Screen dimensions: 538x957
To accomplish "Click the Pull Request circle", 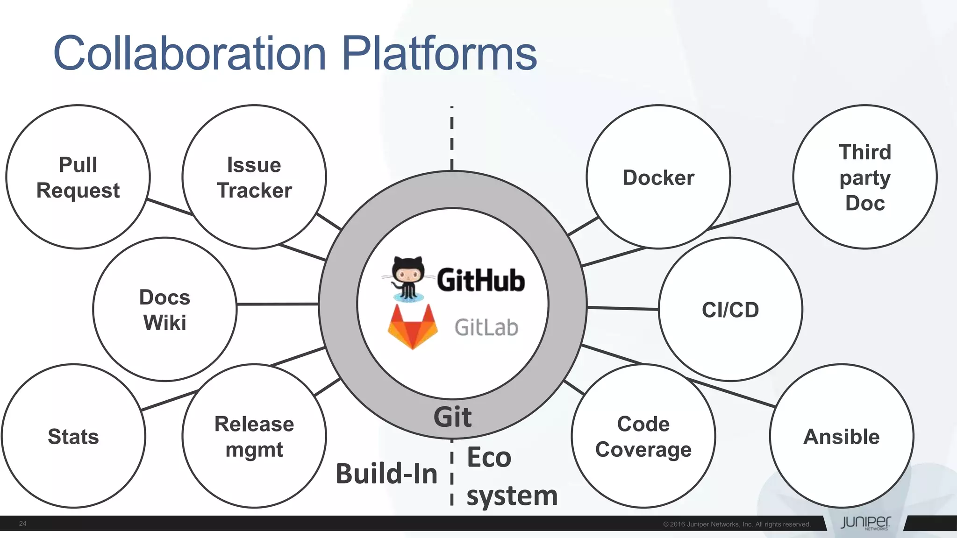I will point(78,177).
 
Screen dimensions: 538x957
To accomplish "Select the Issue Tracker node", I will point(254,177).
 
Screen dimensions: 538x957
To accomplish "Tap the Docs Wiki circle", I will point(164,310).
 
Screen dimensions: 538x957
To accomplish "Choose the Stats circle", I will point(73,436).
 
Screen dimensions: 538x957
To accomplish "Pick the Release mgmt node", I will point(254,436).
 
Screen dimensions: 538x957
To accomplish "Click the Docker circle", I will point(658,177).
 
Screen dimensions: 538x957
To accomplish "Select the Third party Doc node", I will point(864,177).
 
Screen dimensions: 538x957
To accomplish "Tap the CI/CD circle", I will point(730,310).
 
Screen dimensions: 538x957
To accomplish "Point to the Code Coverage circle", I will point(643,436).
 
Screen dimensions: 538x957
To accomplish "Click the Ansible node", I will point(841,436).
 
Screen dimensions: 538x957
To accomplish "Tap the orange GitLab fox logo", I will point(413,327).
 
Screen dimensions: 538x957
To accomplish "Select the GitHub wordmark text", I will point(480,280).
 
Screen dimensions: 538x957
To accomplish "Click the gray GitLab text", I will point(486,327).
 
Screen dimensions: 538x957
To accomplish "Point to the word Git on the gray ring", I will point(452,417).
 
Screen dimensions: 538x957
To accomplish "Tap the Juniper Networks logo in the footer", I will point(865,523).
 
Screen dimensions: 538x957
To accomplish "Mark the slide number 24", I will point(22,524).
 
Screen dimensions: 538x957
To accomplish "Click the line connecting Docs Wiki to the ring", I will point(278,304).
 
